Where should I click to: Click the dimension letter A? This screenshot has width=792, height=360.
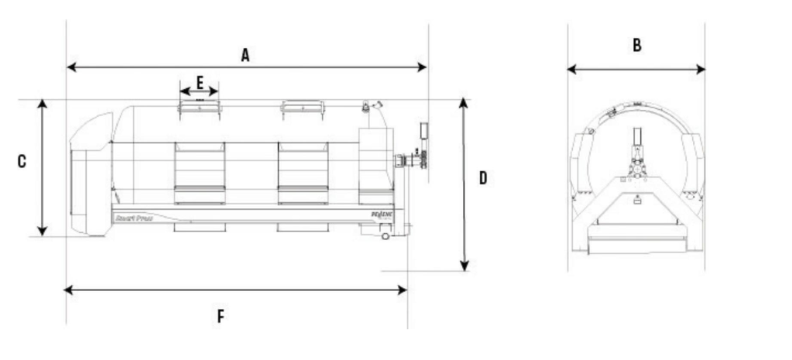(245, 54)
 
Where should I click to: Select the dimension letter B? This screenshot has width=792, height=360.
(636, 46)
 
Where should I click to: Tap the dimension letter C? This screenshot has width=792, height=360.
(22, 161)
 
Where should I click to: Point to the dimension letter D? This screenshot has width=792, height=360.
(482, 179)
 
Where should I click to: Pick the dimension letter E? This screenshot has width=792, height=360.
(199, 81)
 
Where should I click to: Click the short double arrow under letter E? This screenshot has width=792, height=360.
(199, 91)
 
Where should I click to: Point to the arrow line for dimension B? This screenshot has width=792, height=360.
(636, 70)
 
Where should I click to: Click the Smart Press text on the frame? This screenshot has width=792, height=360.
(131, 218)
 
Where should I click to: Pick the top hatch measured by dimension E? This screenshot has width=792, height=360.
(200, 108)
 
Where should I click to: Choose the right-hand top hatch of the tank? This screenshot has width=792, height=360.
(301, 108)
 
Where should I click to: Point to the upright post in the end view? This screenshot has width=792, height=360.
(636, 147)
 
